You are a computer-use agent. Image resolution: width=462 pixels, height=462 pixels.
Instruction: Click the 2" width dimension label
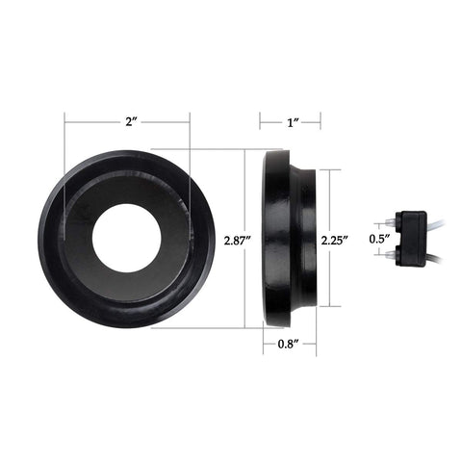point(128,122)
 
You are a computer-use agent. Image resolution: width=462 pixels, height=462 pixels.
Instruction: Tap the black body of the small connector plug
point(412,238)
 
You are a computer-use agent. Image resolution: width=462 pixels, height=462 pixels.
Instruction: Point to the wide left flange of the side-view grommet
point(277,238)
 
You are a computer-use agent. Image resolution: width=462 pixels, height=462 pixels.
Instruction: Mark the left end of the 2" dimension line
point(64,122)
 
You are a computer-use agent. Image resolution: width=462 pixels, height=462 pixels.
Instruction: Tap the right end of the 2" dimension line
point(190,122)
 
